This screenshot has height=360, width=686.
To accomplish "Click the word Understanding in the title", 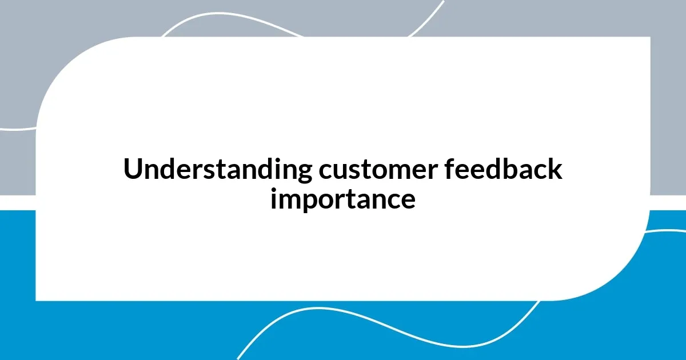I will (218, 170).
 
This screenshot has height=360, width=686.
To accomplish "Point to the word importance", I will (343, 199).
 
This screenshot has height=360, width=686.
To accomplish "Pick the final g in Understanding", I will (305, 172).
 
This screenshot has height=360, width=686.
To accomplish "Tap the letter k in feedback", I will (556, 170).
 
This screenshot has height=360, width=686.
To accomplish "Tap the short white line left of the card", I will (17, 129).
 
